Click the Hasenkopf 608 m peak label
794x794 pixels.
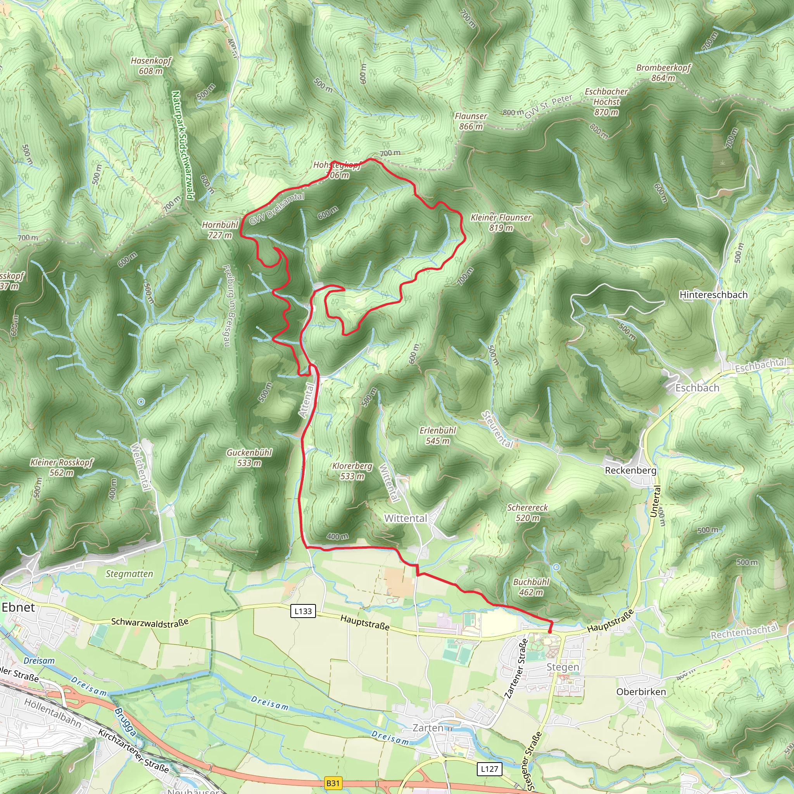click(151, 66)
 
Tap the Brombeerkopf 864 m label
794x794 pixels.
click(663, 73)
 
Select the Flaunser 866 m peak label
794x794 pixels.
click(471, 121)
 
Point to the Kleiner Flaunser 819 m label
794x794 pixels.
click(501, 222)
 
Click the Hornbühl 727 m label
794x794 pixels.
click(220, 230)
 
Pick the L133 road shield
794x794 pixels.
click(303, 611)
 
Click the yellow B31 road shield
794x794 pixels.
click(333, 783)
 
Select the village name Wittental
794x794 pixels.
click(406, 518)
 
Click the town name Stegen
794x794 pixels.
click(563, 666)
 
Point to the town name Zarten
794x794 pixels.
click(428, 727)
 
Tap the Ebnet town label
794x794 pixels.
click(19, 607)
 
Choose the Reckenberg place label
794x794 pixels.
click(630, 470)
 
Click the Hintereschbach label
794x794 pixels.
click(713, 295)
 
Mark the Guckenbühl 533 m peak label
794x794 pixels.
click(249, 457)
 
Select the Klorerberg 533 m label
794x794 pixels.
click(352, 471)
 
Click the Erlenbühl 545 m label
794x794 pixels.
click(438, 436)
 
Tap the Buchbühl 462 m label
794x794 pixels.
click(531, 587)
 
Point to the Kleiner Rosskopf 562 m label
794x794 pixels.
click(62, 467)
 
